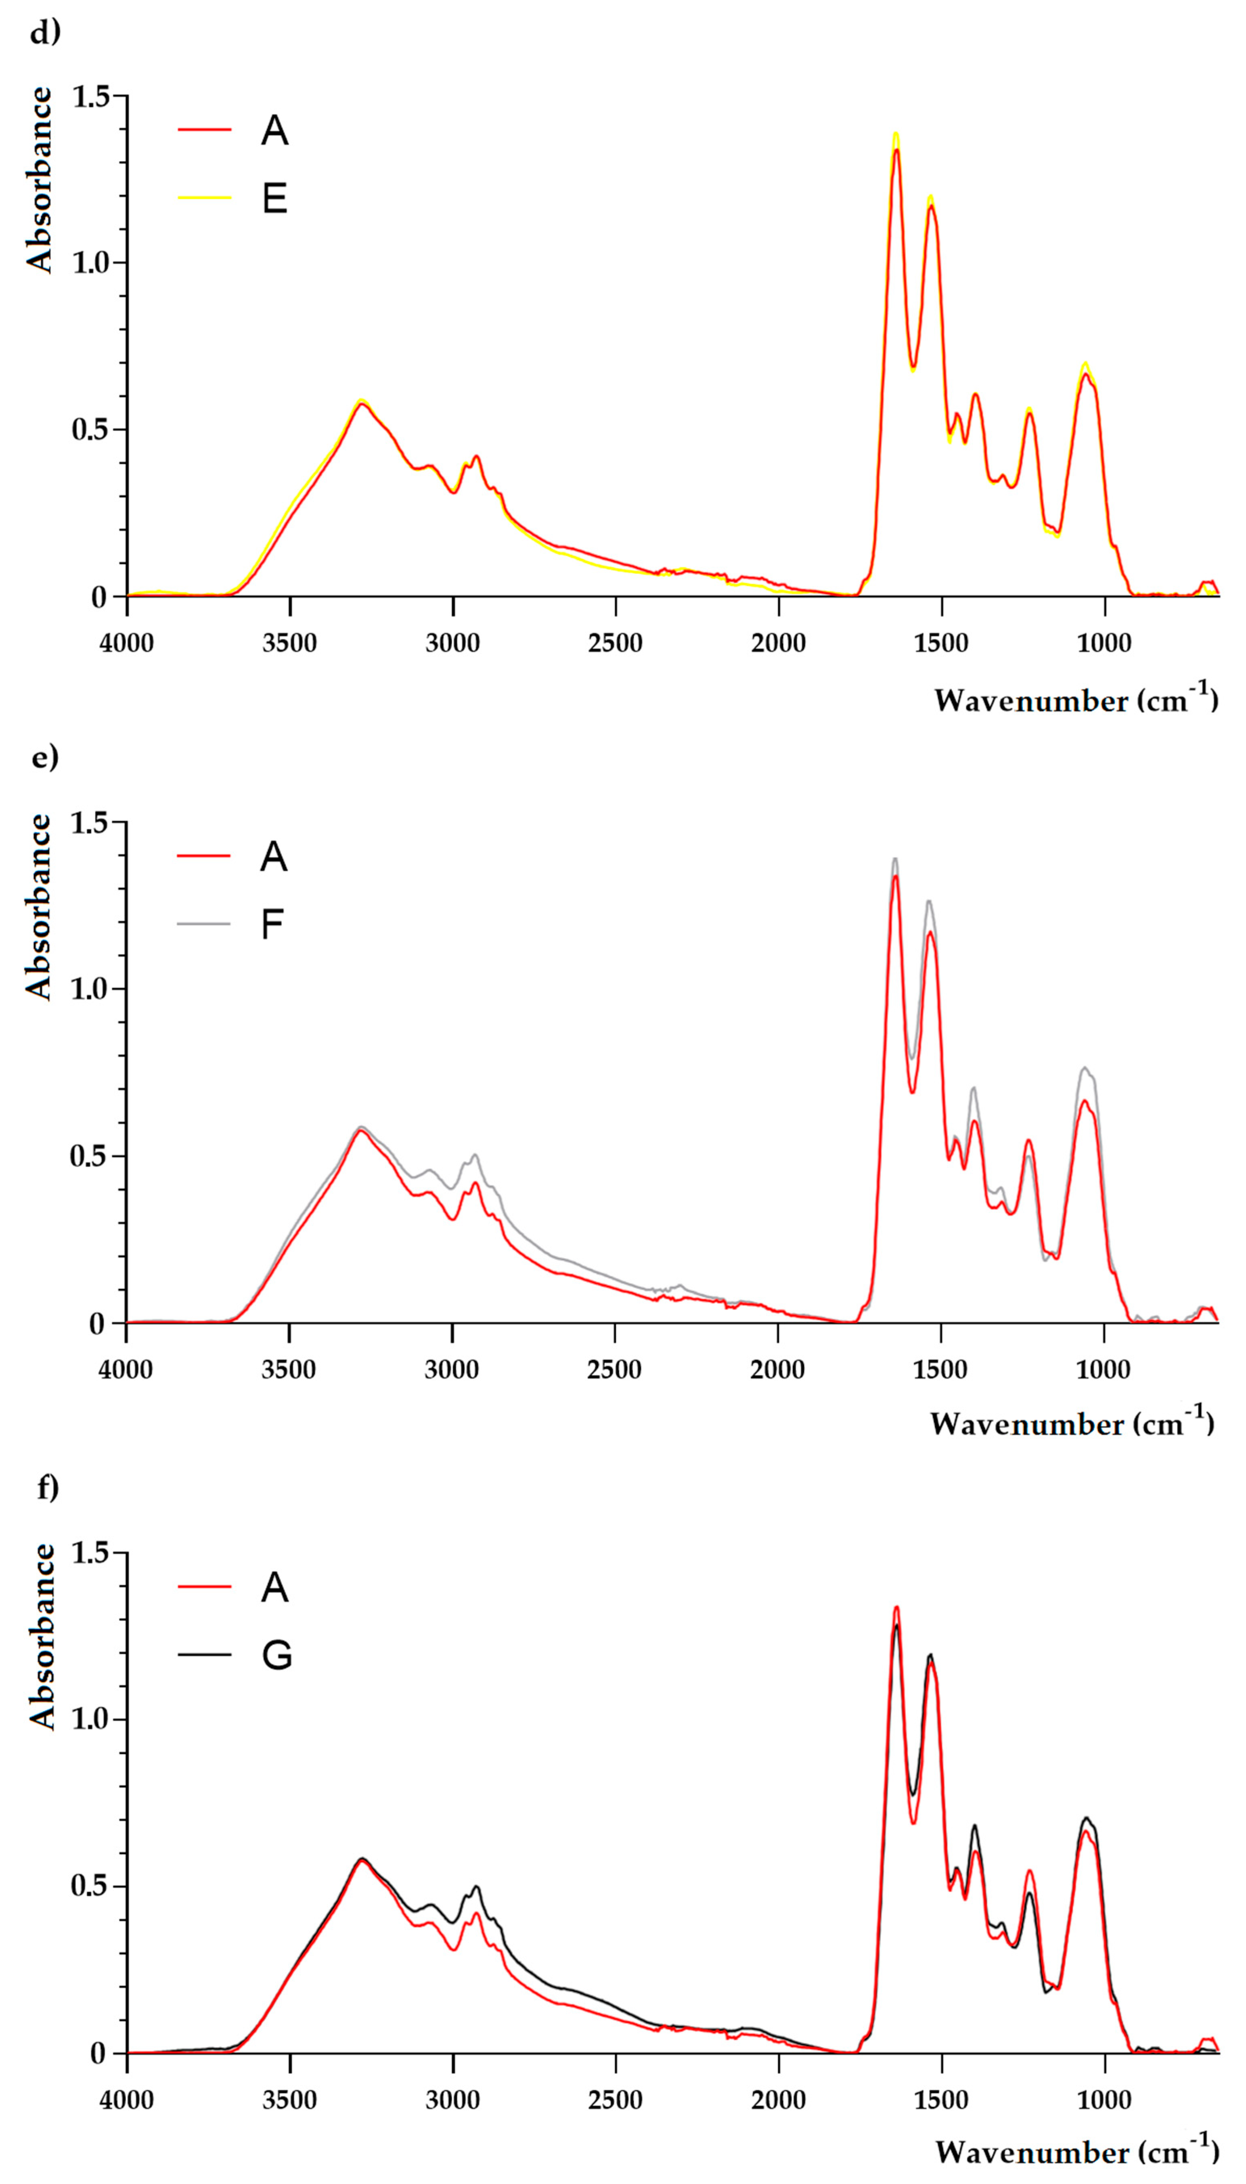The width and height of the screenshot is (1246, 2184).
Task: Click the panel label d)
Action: (44, 33)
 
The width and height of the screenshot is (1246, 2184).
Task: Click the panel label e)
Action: (44, 757)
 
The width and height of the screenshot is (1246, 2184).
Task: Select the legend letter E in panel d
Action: (274, 199)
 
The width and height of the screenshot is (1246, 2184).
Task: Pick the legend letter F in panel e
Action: (272, 924)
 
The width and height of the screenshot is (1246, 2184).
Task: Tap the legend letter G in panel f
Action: (276, 1655)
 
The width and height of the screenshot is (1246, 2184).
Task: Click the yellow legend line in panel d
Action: (205, 198)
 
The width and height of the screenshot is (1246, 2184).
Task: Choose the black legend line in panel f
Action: (205, 1654)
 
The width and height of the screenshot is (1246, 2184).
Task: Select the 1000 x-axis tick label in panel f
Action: (1104, 2099)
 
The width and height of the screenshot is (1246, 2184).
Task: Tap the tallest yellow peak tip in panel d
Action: (896, 134)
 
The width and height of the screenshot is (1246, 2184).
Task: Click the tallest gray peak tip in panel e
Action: (895, 858)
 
